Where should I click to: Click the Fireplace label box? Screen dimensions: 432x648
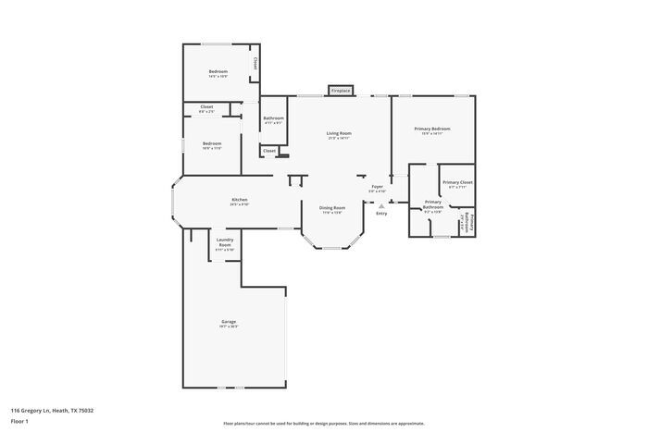(x=341, y=91)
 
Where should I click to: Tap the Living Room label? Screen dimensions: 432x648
(x=339, y=133)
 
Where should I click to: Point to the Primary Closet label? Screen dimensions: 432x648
(x=457, y=182)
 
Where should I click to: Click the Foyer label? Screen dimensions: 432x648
(x=377, y=187)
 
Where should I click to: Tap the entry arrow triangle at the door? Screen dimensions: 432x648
(x=381, y=205)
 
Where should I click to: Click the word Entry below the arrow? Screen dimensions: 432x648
(x=381, y=214)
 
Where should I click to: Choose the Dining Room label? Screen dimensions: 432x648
(x=332, y=208)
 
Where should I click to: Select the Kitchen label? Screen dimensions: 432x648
(x=239, y=200)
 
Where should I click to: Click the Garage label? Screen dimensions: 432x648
(x=228, y=322)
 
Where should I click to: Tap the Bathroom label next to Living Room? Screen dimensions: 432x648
(x=273, y=118)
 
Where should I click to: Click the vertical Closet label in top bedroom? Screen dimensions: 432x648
(x=255, y=65)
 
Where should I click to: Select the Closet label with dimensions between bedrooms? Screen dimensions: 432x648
(x=206, y=107)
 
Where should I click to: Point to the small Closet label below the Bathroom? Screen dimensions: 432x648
(x=269, y=150)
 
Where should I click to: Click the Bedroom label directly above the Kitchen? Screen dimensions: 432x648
(x=212, y=143)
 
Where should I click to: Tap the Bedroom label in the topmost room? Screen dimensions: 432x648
(x=218, y=72)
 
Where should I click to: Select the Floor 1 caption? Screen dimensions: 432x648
(x=20, y=421)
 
